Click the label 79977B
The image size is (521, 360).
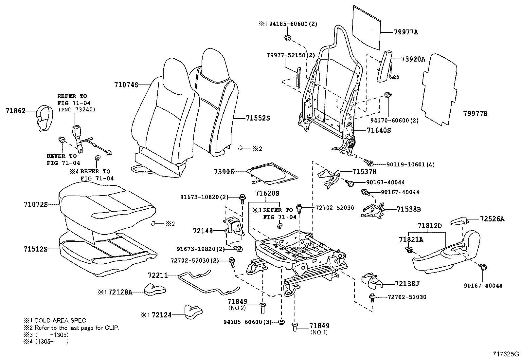[x=475, y=114]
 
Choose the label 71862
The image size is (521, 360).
[x=15, y=111]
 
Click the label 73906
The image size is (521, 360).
[x=224, y=171]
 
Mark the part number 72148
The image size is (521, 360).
[x=203, y=231]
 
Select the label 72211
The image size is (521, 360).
[x=157, y=275]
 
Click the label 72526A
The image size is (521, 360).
[x=492, y=219]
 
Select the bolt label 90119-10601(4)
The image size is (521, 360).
[x=404, y=164]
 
